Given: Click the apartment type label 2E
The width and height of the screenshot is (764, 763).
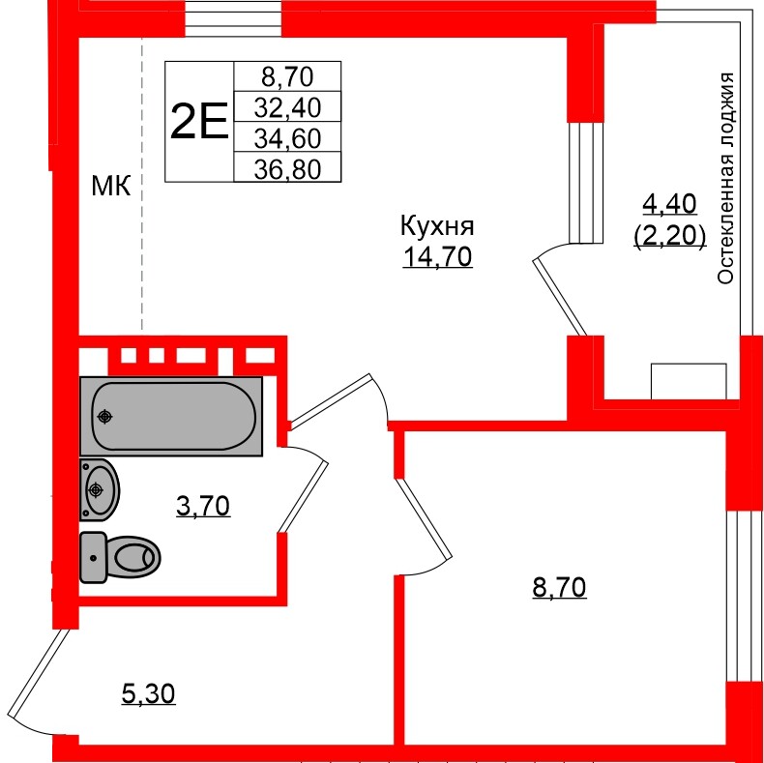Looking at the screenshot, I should (198, 121).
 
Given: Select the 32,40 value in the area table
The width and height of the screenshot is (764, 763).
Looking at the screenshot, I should (288, 104).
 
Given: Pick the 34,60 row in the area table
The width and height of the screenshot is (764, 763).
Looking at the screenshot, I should (288, 136).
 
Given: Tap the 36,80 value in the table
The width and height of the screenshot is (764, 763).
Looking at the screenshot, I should (288, 168).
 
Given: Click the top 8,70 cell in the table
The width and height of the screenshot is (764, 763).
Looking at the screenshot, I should (288, 74).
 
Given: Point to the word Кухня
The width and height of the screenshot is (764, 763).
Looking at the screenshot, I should (437, 227).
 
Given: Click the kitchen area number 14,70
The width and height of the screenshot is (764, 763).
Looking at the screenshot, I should (437, 256).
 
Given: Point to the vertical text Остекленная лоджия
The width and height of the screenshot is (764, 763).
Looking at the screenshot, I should (727, 178).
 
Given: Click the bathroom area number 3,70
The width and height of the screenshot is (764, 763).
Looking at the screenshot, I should (203, 505).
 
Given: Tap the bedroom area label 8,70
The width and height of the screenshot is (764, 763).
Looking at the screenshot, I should (560, 586).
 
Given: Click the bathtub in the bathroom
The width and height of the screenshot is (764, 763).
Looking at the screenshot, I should (171, 416).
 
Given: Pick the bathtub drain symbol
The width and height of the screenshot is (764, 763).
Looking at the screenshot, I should (104, 417).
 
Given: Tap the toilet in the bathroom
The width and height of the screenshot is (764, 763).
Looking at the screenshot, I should (120, 557).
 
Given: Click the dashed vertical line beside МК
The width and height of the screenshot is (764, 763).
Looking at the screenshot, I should (142, 184).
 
